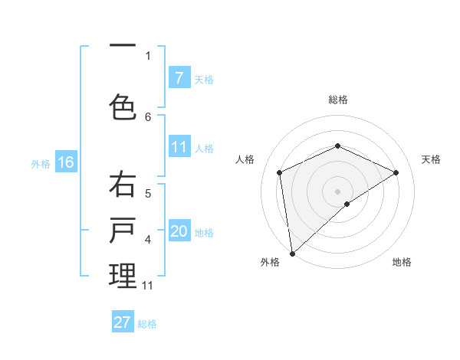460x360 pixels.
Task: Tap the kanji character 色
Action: point(123,106)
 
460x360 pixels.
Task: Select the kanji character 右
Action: point(123,187)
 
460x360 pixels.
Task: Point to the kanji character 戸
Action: point(123,232)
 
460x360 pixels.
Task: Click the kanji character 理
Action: point(123,277)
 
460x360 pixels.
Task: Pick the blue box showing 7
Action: point(179,77)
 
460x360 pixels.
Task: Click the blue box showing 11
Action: point(179,147)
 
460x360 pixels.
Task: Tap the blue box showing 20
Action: point(179,231)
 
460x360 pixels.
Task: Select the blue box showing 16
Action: point(66,162)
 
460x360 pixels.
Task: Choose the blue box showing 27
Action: point(123,322)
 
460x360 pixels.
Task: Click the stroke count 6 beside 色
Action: point(148,116)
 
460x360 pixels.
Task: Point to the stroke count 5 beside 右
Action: point(148,194)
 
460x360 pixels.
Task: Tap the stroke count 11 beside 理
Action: point(148,286)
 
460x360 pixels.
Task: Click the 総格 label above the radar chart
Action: point(337,100)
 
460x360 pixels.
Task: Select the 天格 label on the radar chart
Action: point(431,159)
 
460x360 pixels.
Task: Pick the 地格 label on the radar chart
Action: point(402,262)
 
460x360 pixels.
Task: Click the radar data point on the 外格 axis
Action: point(291,253)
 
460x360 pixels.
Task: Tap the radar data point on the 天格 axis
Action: point(396,172)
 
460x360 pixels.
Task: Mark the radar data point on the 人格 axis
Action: point(280,172)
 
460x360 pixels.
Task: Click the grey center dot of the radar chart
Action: point(337,191)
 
